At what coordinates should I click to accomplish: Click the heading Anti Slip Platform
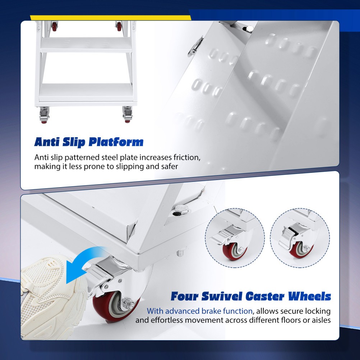click(89, 142)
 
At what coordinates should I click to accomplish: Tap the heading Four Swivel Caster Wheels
click(251, 296)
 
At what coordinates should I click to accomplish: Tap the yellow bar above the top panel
click(110, 18)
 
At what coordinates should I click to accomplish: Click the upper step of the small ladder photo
click(86, 45)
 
